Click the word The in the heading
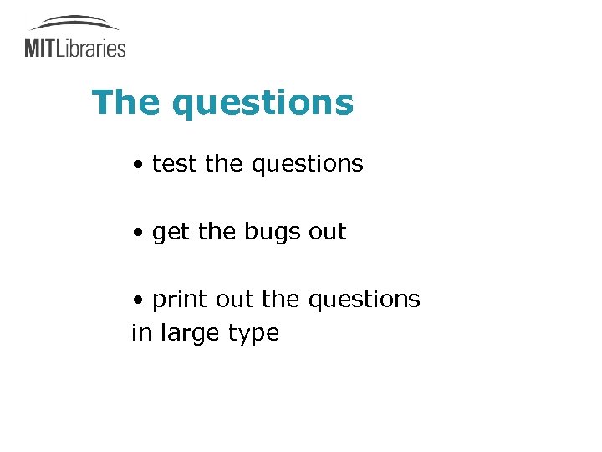[126, 103]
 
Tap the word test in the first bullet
[175, 164]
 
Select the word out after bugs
[327, 231]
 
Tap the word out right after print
[234, 299]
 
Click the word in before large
[141, 332]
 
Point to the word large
[190, 334]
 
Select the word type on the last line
[253, 334]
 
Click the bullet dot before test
[136, 165]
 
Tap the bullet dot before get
[136, 232]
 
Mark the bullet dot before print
[136, 300]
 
